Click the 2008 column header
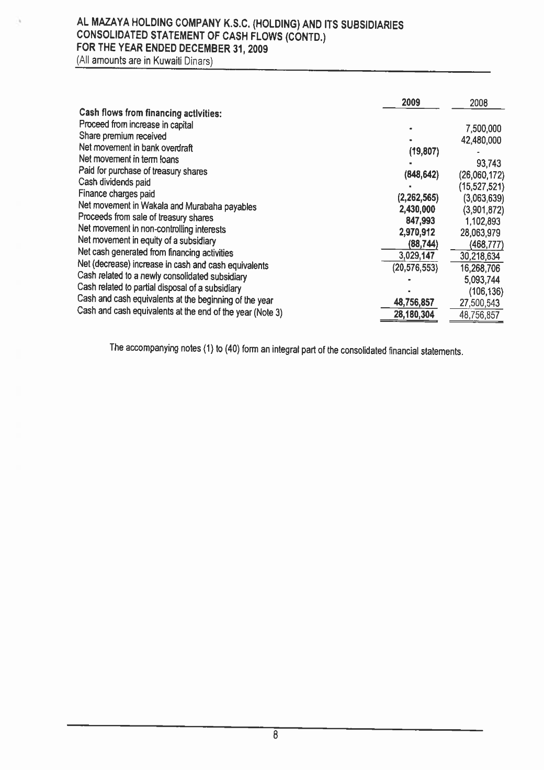[x=479, y=104]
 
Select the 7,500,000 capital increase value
[x=484, y=129]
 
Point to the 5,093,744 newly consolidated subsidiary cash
[x=482, y=280]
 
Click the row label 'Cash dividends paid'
[x=115, y=182]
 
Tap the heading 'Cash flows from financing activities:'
[x=143, y=113]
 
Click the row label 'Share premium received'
[x=122, y=136]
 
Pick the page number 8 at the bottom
[x=275, y=735]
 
